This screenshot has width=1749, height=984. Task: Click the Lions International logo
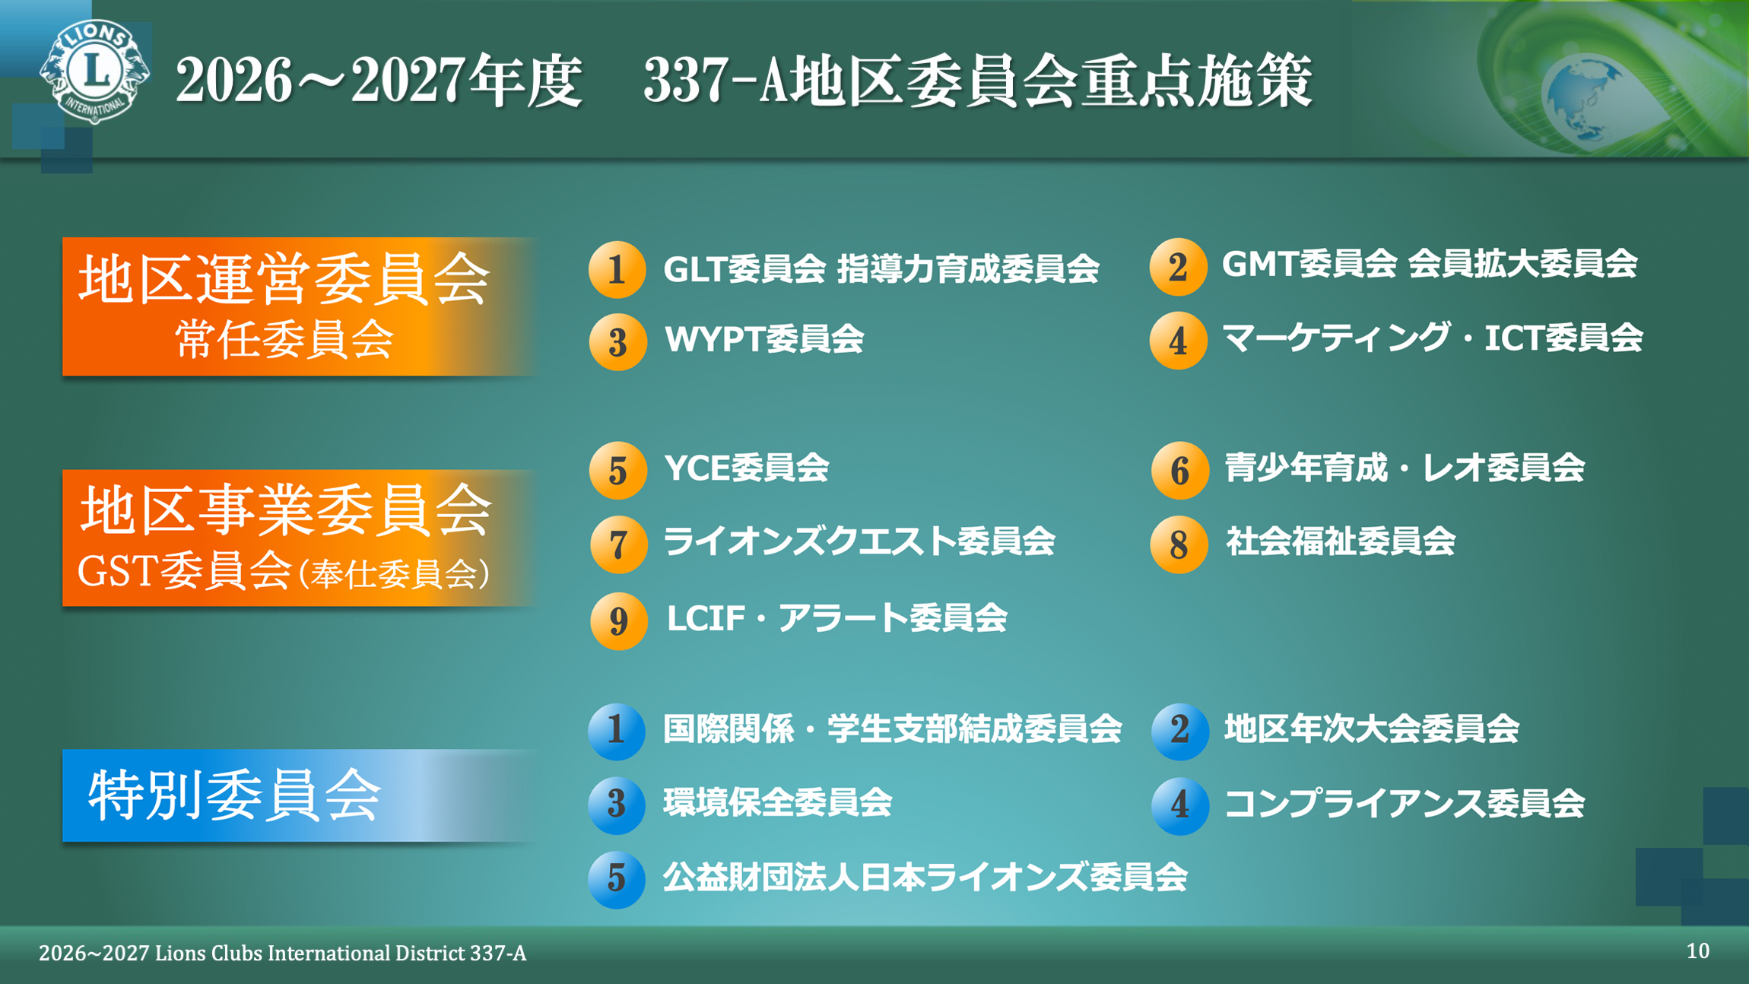point(94,71)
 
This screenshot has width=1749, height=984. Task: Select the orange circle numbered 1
point(617,269)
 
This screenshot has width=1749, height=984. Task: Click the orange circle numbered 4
point(1178,341)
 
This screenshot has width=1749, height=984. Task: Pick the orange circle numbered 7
point(618,544)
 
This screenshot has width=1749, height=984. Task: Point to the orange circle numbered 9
point(618,621)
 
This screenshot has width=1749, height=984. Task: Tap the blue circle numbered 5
point(616,879)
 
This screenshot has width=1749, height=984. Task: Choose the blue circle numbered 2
point(1179,730)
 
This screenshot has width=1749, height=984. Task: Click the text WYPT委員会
point(763,339)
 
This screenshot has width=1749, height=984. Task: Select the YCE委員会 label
point(746,468)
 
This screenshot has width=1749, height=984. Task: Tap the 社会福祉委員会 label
point(1340,542)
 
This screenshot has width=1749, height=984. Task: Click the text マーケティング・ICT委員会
point(1432,338)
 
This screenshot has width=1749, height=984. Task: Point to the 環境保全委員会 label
point(777,803)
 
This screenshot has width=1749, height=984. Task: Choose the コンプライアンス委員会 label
point(1404,804)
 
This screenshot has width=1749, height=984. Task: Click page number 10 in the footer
point(1697,951)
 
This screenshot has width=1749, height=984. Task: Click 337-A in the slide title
point(715,81)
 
